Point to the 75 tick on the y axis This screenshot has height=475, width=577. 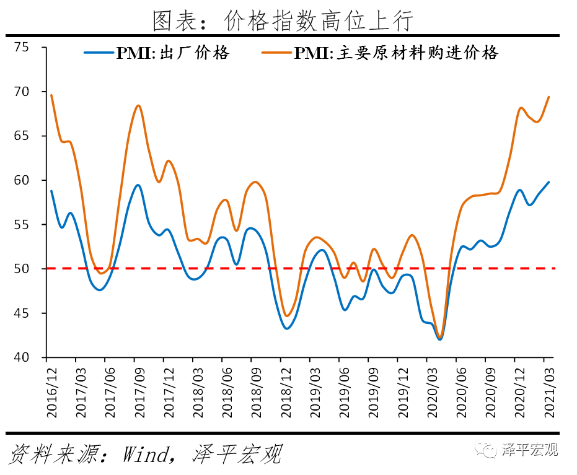22,47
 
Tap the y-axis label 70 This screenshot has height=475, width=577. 22,92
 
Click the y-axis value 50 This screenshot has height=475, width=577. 22,269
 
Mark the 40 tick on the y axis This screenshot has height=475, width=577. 22,357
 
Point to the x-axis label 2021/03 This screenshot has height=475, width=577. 547,393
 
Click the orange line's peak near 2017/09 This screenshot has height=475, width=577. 138,105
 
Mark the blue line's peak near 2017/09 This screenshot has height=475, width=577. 138,185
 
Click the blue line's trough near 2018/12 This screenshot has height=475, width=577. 287,328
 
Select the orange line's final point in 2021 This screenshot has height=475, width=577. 549,97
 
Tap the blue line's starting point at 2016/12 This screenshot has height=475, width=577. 51,191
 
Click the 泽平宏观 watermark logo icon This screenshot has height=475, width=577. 487,450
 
